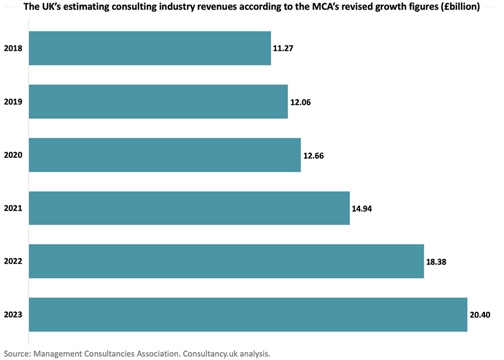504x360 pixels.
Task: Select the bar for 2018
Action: tap(150, 48)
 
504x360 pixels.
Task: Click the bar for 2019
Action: tap(158, 101)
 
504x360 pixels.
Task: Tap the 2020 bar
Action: tap(165, 155)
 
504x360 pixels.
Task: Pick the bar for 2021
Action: tap(189, 208)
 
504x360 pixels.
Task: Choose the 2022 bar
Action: tap(226, 261)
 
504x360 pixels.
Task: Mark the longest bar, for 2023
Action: tap(248, 315)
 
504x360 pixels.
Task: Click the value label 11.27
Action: tap(283, 48)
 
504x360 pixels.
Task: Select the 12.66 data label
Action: tap(314, 155)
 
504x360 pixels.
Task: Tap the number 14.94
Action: tap(362, 208)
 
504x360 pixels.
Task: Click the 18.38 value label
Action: tap(436, 261)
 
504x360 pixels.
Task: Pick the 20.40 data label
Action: tap(480, 315)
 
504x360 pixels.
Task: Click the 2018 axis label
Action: tap(13, 48)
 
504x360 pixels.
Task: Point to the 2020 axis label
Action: tap(13, 155)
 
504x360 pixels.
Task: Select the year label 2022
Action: tap(13, 261)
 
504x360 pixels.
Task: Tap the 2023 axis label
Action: tap(13, 315)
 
